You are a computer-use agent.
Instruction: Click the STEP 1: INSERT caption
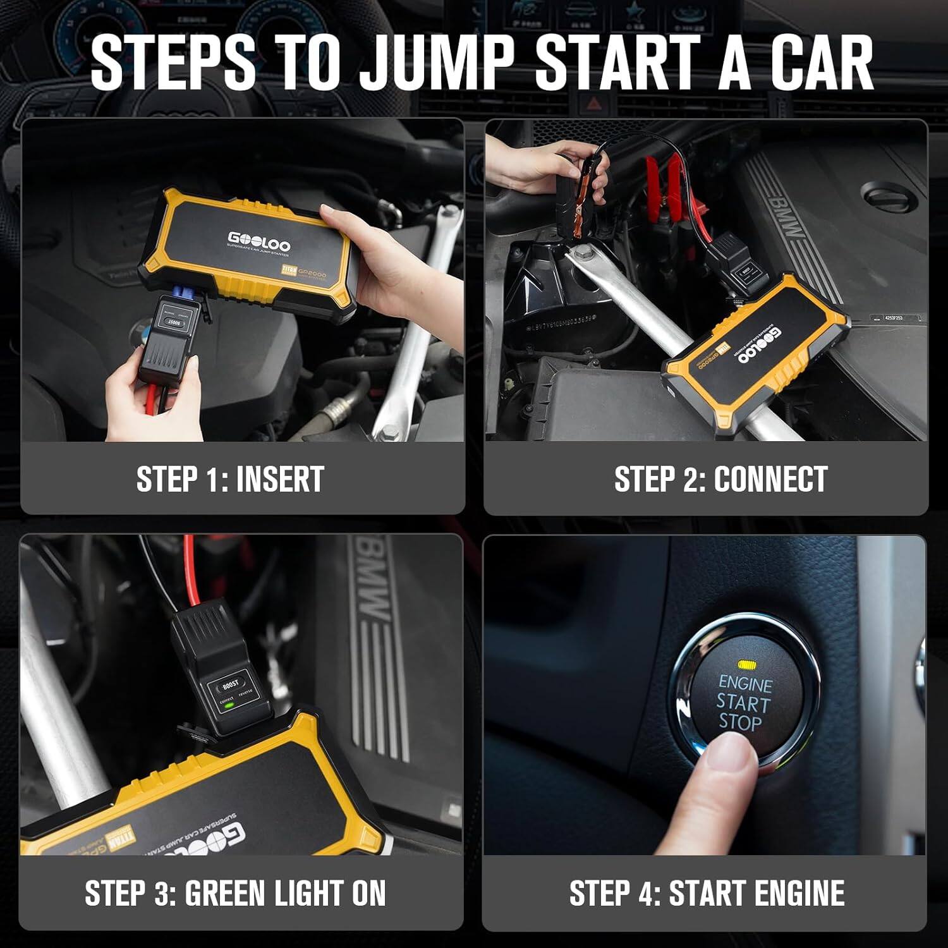[230, 479]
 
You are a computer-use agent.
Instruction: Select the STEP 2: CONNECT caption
[720, 479]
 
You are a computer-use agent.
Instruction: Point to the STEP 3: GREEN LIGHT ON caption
[235, 893]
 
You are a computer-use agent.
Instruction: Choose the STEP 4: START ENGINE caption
[707, 893]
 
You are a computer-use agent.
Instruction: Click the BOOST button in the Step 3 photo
[231, 684]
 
